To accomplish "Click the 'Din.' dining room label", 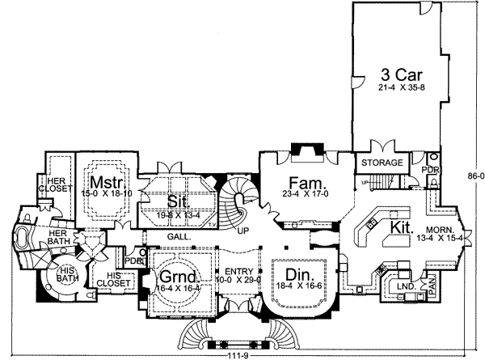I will [x=293, y=273].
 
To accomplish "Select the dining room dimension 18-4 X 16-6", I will [x=293, y=287].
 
